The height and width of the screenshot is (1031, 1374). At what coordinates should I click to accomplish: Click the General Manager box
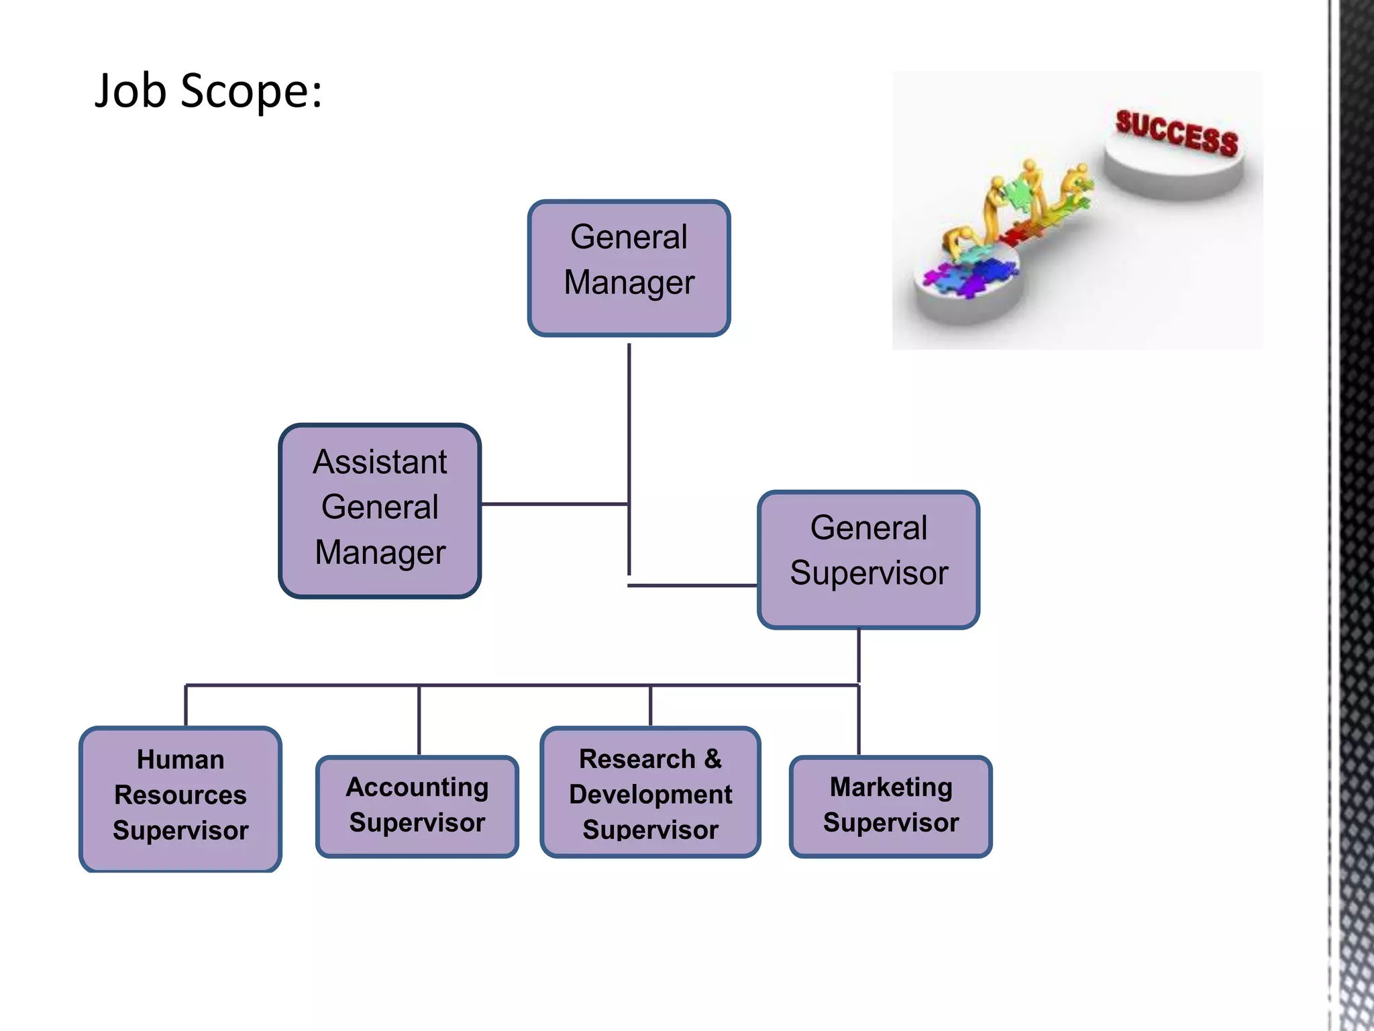pyautogui.click(x=629, y=268)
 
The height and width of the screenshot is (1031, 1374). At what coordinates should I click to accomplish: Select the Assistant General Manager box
pyautogui.click(x=380, y=510)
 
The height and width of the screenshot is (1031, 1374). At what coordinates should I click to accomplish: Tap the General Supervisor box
pyautogui.click(x=868, y=559)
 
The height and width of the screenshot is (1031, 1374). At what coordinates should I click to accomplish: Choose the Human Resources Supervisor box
pyautogui.click(x=180, y=799)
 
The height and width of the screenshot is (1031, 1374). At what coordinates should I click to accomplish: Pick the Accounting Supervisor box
pyautogui.click(x=417, y=805)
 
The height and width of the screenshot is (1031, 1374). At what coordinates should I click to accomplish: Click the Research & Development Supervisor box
pyautogui.click(x=650, y=792)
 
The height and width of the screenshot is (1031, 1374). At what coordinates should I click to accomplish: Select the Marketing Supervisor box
pyautogui.click(x=890, y=805)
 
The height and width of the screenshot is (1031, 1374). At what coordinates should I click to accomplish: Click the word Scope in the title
pyautogui.click(x=251, y=91)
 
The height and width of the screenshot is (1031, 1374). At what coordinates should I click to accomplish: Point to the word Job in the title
pyautogui.click(x=130, y=91)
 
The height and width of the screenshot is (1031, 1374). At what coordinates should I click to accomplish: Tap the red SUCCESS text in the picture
pyautogui.click(x=1176, y=133)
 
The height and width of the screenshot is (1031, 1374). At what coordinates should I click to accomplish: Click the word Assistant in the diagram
pyautogui.click(x=380, y=462)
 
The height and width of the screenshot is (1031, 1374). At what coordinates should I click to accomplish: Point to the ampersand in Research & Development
pyautogui.click(x=713, y=758)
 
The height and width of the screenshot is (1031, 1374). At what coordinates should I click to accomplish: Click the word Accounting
pyautogui.click(x=417, y=787)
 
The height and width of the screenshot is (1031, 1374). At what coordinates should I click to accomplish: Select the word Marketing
pyautogui.click(x=890, y=787)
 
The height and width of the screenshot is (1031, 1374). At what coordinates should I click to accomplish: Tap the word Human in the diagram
pyautogui.click(x=180, y=759)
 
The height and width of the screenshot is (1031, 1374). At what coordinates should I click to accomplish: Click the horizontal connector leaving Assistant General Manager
pyautogui.click(x=554, y=503)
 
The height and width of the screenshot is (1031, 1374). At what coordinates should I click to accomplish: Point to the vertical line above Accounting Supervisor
pyautogui.click(x=419, y=720)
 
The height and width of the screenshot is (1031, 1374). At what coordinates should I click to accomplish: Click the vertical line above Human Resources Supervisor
pyautogui.click(x=186, y=705)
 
